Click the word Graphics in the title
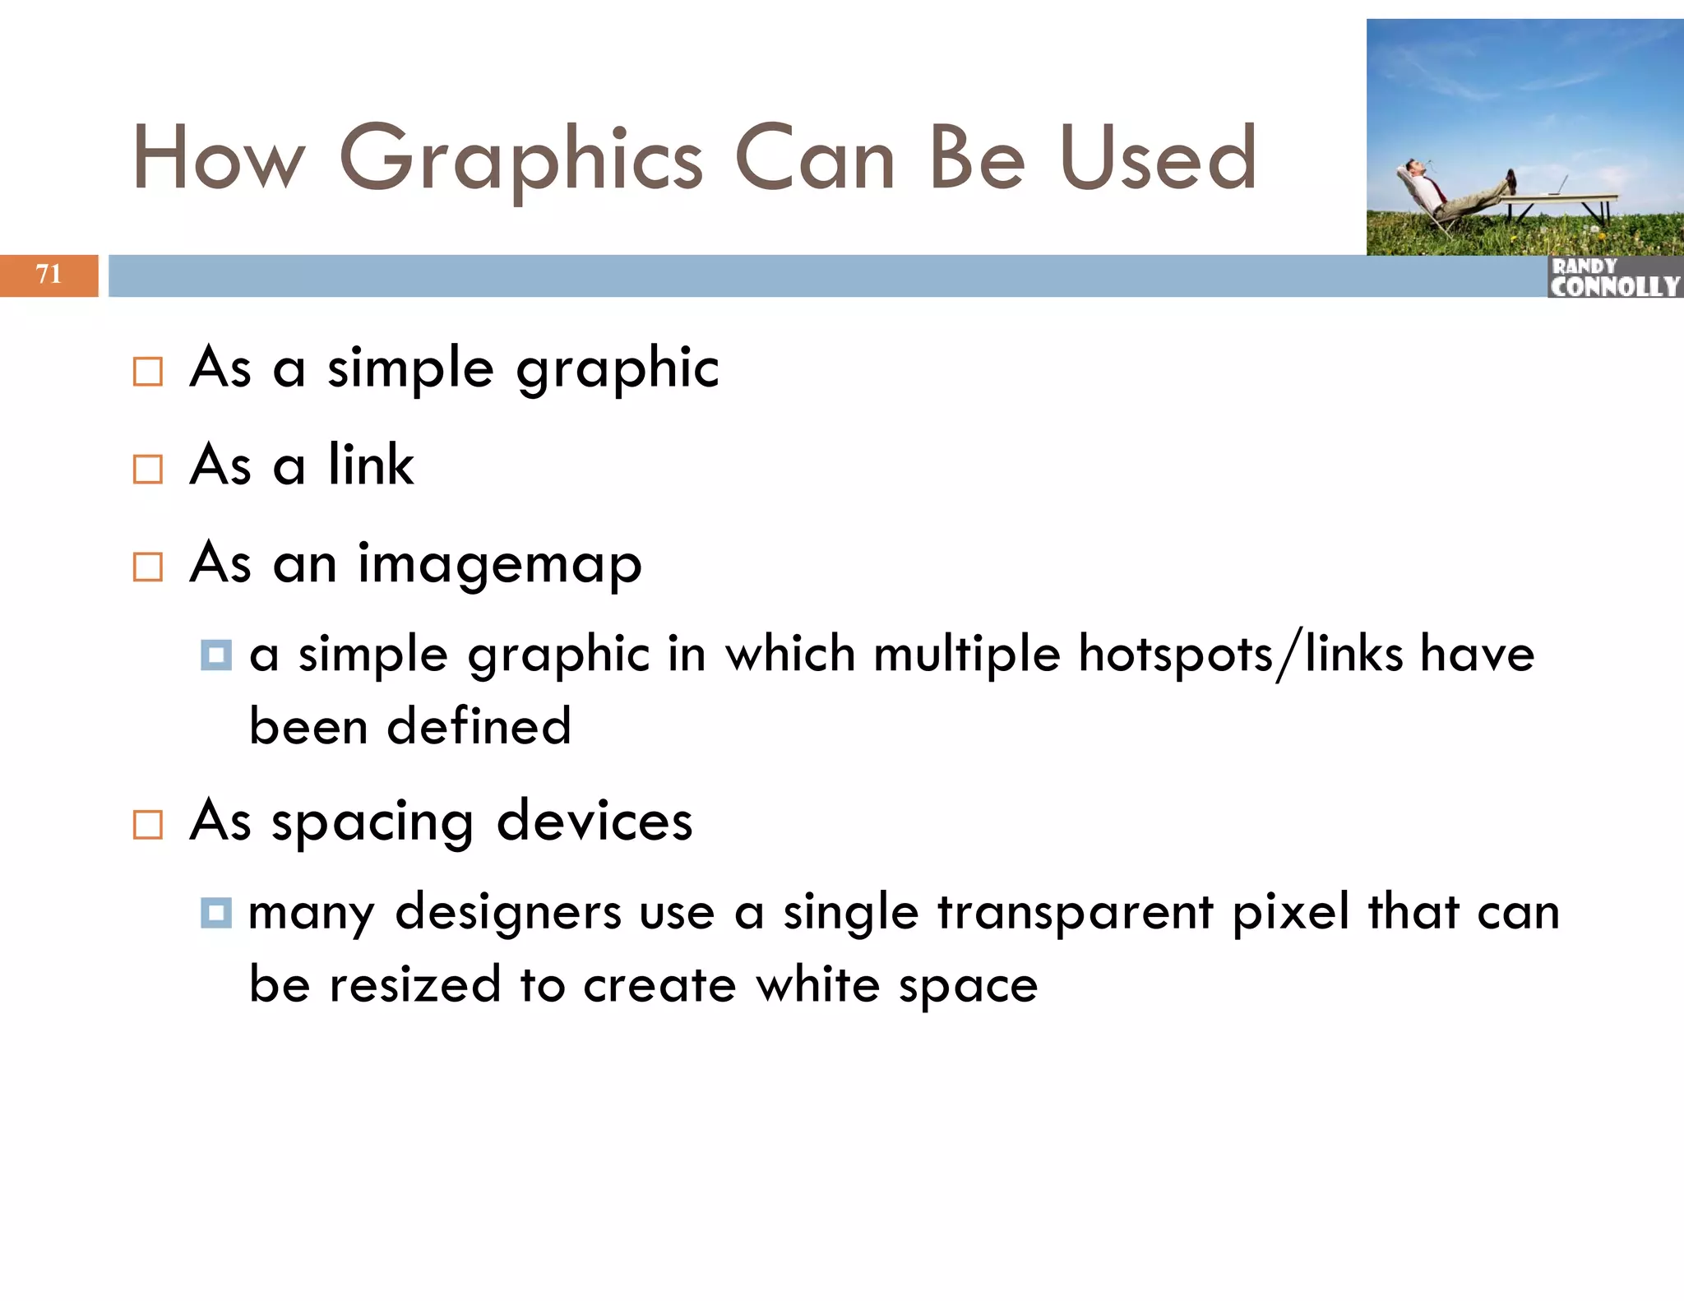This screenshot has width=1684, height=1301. point(521,159)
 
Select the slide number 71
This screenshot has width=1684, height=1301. point(49,274)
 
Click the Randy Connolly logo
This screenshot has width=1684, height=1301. point(1614,277)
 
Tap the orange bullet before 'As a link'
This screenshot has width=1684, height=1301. point(148,469)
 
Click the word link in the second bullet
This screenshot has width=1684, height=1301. point(371,465)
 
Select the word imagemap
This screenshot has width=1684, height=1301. point(499,565)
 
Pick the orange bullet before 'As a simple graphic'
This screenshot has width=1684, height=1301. point(148,372)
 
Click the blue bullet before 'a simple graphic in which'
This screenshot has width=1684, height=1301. point(216,655)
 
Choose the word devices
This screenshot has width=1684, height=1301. point(594,822)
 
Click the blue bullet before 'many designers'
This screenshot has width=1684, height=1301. point(216,913)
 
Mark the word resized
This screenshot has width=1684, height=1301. point(415,984)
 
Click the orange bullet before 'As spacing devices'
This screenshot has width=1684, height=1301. point(148,824)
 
